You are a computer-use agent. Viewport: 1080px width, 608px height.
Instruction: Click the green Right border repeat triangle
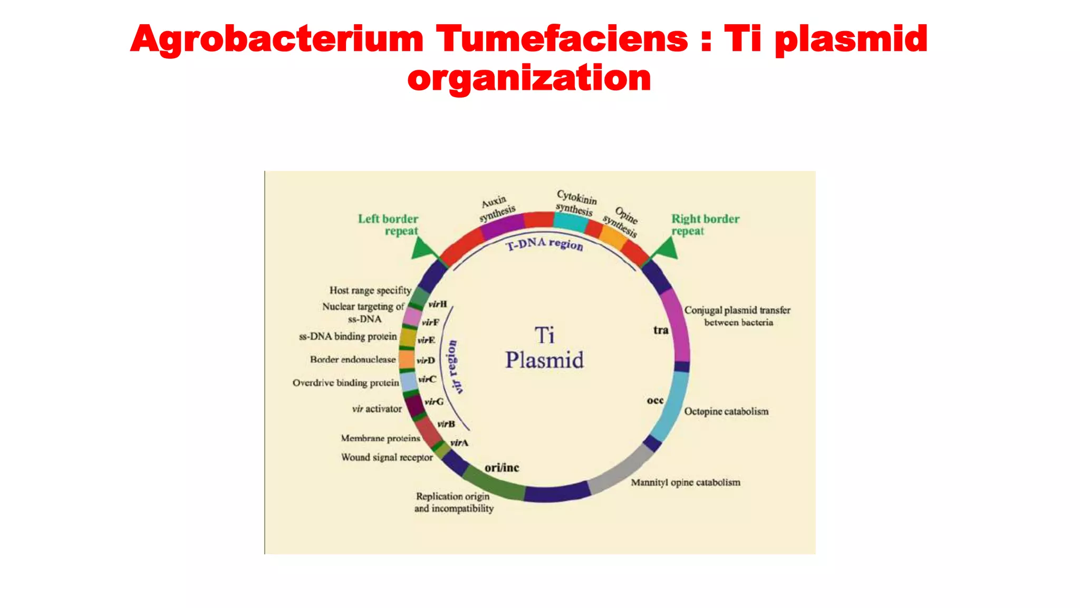666,249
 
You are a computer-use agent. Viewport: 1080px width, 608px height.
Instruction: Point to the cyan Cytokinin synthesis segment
571,221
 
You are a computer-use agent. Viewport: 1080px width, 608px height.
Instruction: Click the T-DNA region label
544,244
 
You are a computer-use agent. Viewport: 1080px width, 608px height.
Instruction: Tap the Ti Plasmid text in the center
544,348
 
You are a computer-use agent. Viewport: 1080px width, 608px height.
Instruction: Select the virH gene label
438,304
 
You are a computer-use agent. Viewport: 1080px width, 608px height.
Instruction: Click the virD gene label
426,360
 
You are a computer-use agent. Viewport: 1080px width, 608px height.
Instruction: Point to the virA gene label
459,443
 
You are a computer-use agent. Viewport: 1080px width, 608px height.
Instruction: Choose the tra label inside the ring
661,330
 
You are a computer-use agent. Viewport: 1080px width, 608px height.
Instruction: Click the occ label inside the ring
655,401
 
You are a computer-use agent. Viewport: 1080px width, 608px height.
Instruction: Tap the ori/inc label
502,468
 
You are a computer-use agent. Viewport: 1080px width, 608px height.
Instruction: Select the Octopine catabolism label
726,411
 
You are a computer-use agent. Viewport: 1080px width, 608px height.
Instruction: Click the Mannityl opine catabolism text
686,482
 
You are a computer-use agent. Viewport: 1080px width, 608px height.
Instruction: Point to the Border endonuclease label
353,359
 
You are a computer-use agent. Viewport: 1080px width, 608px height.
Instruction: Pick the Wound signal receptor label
387,457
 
